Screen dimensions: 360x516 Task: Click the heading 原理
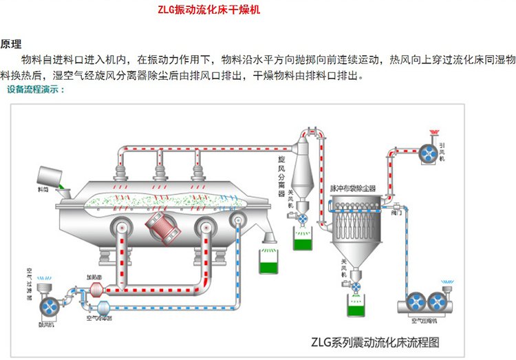(x=11, y=44)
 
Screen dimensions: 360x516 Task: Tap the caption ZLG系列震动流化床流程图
(x=374, y=341)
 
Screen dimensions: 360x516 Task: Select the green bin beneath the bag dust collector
(x=356, y=308)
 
